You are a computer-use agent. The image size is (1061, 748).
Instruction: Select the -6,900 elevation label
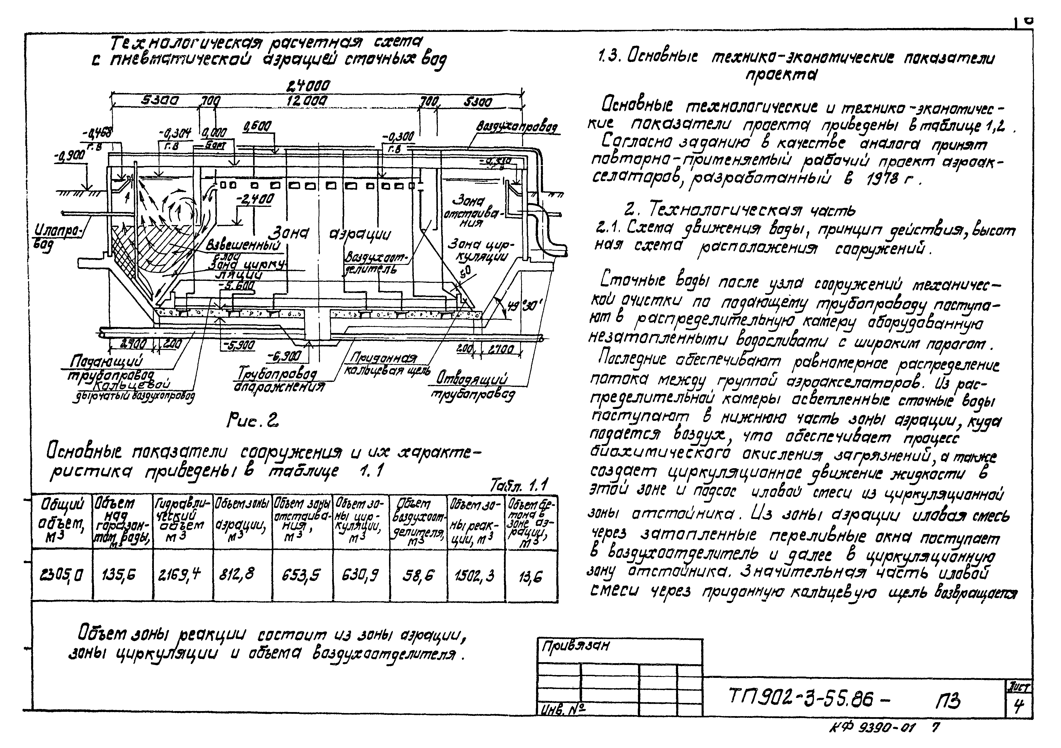click(284, 356)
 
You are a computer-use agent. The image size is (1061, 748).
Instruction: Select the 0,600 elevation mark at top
click(257, 126)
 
